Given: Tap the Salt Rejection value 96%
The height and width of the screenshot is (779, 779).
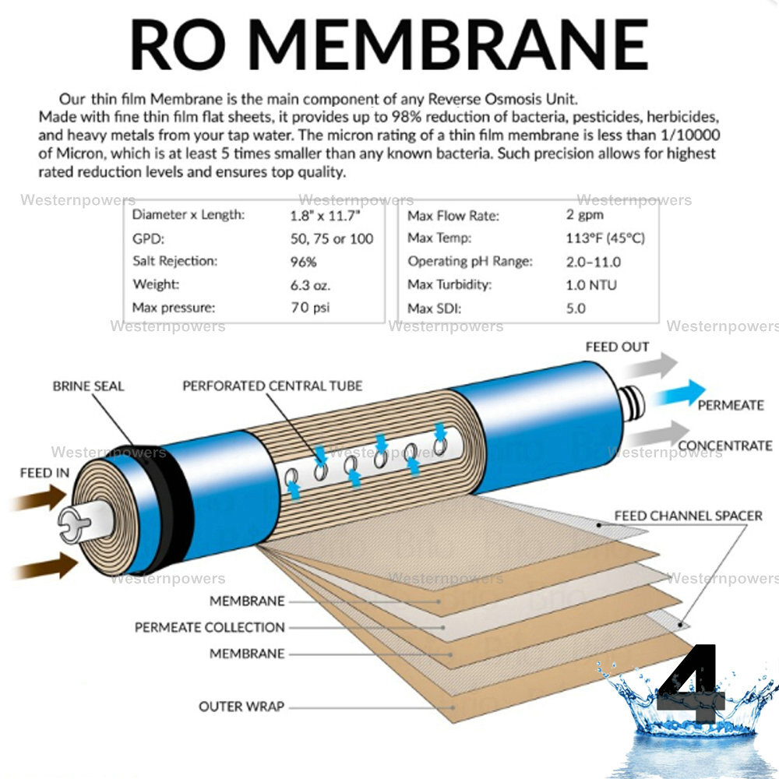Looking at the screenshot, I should tap(303, 261).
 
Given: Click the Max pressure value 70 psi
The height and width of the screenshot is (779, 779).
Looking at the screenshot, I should tap(309, 307).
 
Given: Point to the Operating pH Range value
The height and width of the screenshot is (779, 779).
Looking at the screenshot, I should tap(594, 261).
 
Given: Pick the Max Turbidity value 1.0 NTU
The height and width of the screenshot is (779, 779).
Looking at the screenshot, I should tap(591, 284).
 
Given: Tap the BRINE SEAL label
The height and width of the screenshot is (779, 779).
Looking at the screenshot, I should tap(88, 386).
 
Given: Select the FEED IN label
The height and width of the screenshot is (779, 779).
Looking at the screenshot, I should tap(44, 473).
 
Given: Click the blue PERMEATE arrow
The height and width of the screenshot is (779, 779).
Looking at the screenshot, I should tap(679, 394).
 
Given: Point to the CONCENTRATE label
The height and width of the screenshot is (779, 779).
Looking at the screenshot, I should tap(724, 446).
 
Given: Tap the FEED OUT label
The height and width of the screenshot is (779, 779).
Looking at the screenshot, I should tap(617, 347).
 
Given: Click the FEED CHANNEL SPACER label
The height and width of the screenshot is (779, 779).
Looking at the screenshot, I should tap(688, 516).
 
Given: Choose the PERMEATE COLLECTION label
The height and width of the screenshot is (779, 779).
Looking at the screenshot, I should tap(210, 627).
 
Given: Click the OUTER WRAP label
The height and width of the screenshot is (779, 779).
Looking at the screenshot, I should tap(241, 707).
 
